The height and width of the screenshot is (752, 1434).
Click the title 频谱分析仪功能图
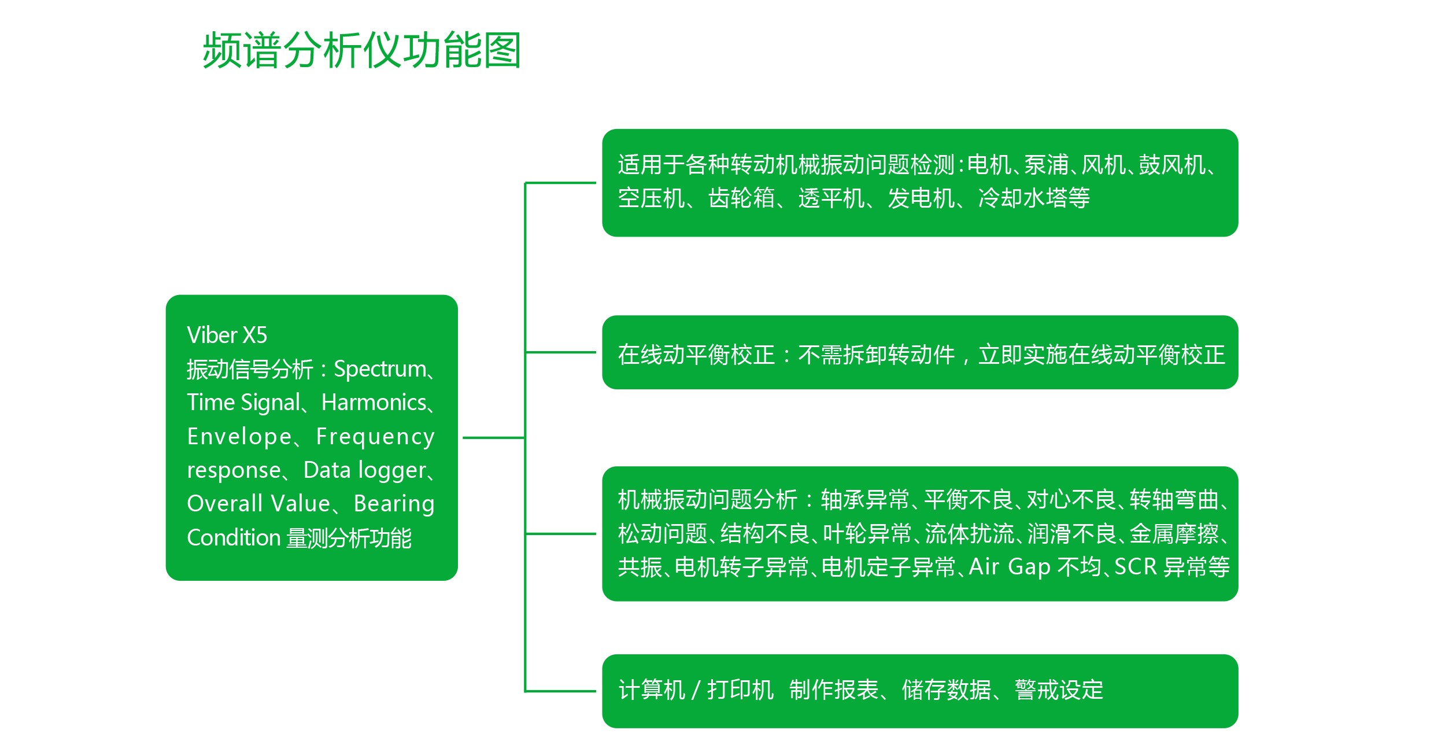click(362, 51)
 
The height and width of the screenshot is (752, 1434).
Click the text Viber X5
click(227, 336)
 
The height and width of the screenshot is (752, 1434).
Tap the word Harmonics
click(374, 403)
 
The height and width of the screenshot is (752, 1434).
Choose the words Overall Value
click(258, 504)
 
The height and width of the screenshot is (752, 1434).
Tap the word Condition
click(234, 538)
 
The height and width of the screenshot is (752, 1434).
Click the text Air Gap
click(1010, 567)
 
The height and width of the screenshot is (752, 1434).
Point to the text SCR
click(1135, 567)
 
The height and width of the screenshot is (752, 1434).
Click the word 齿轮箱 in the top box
click(742, 198)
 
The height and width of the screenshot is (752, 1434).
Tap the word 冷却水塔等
click(1034, 198)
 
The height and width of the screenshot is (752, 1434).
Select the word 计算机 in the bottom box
click(652, 690)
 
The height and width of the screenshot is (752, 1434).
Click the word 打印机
click(741, 690)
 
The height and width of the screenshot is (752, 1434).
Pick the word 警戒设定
click(1059, 690)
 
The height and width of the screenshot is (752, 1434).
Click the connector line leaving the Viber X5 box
click(494, 438)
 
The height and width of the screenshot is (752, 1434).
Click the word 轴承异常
click(865, 500)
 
